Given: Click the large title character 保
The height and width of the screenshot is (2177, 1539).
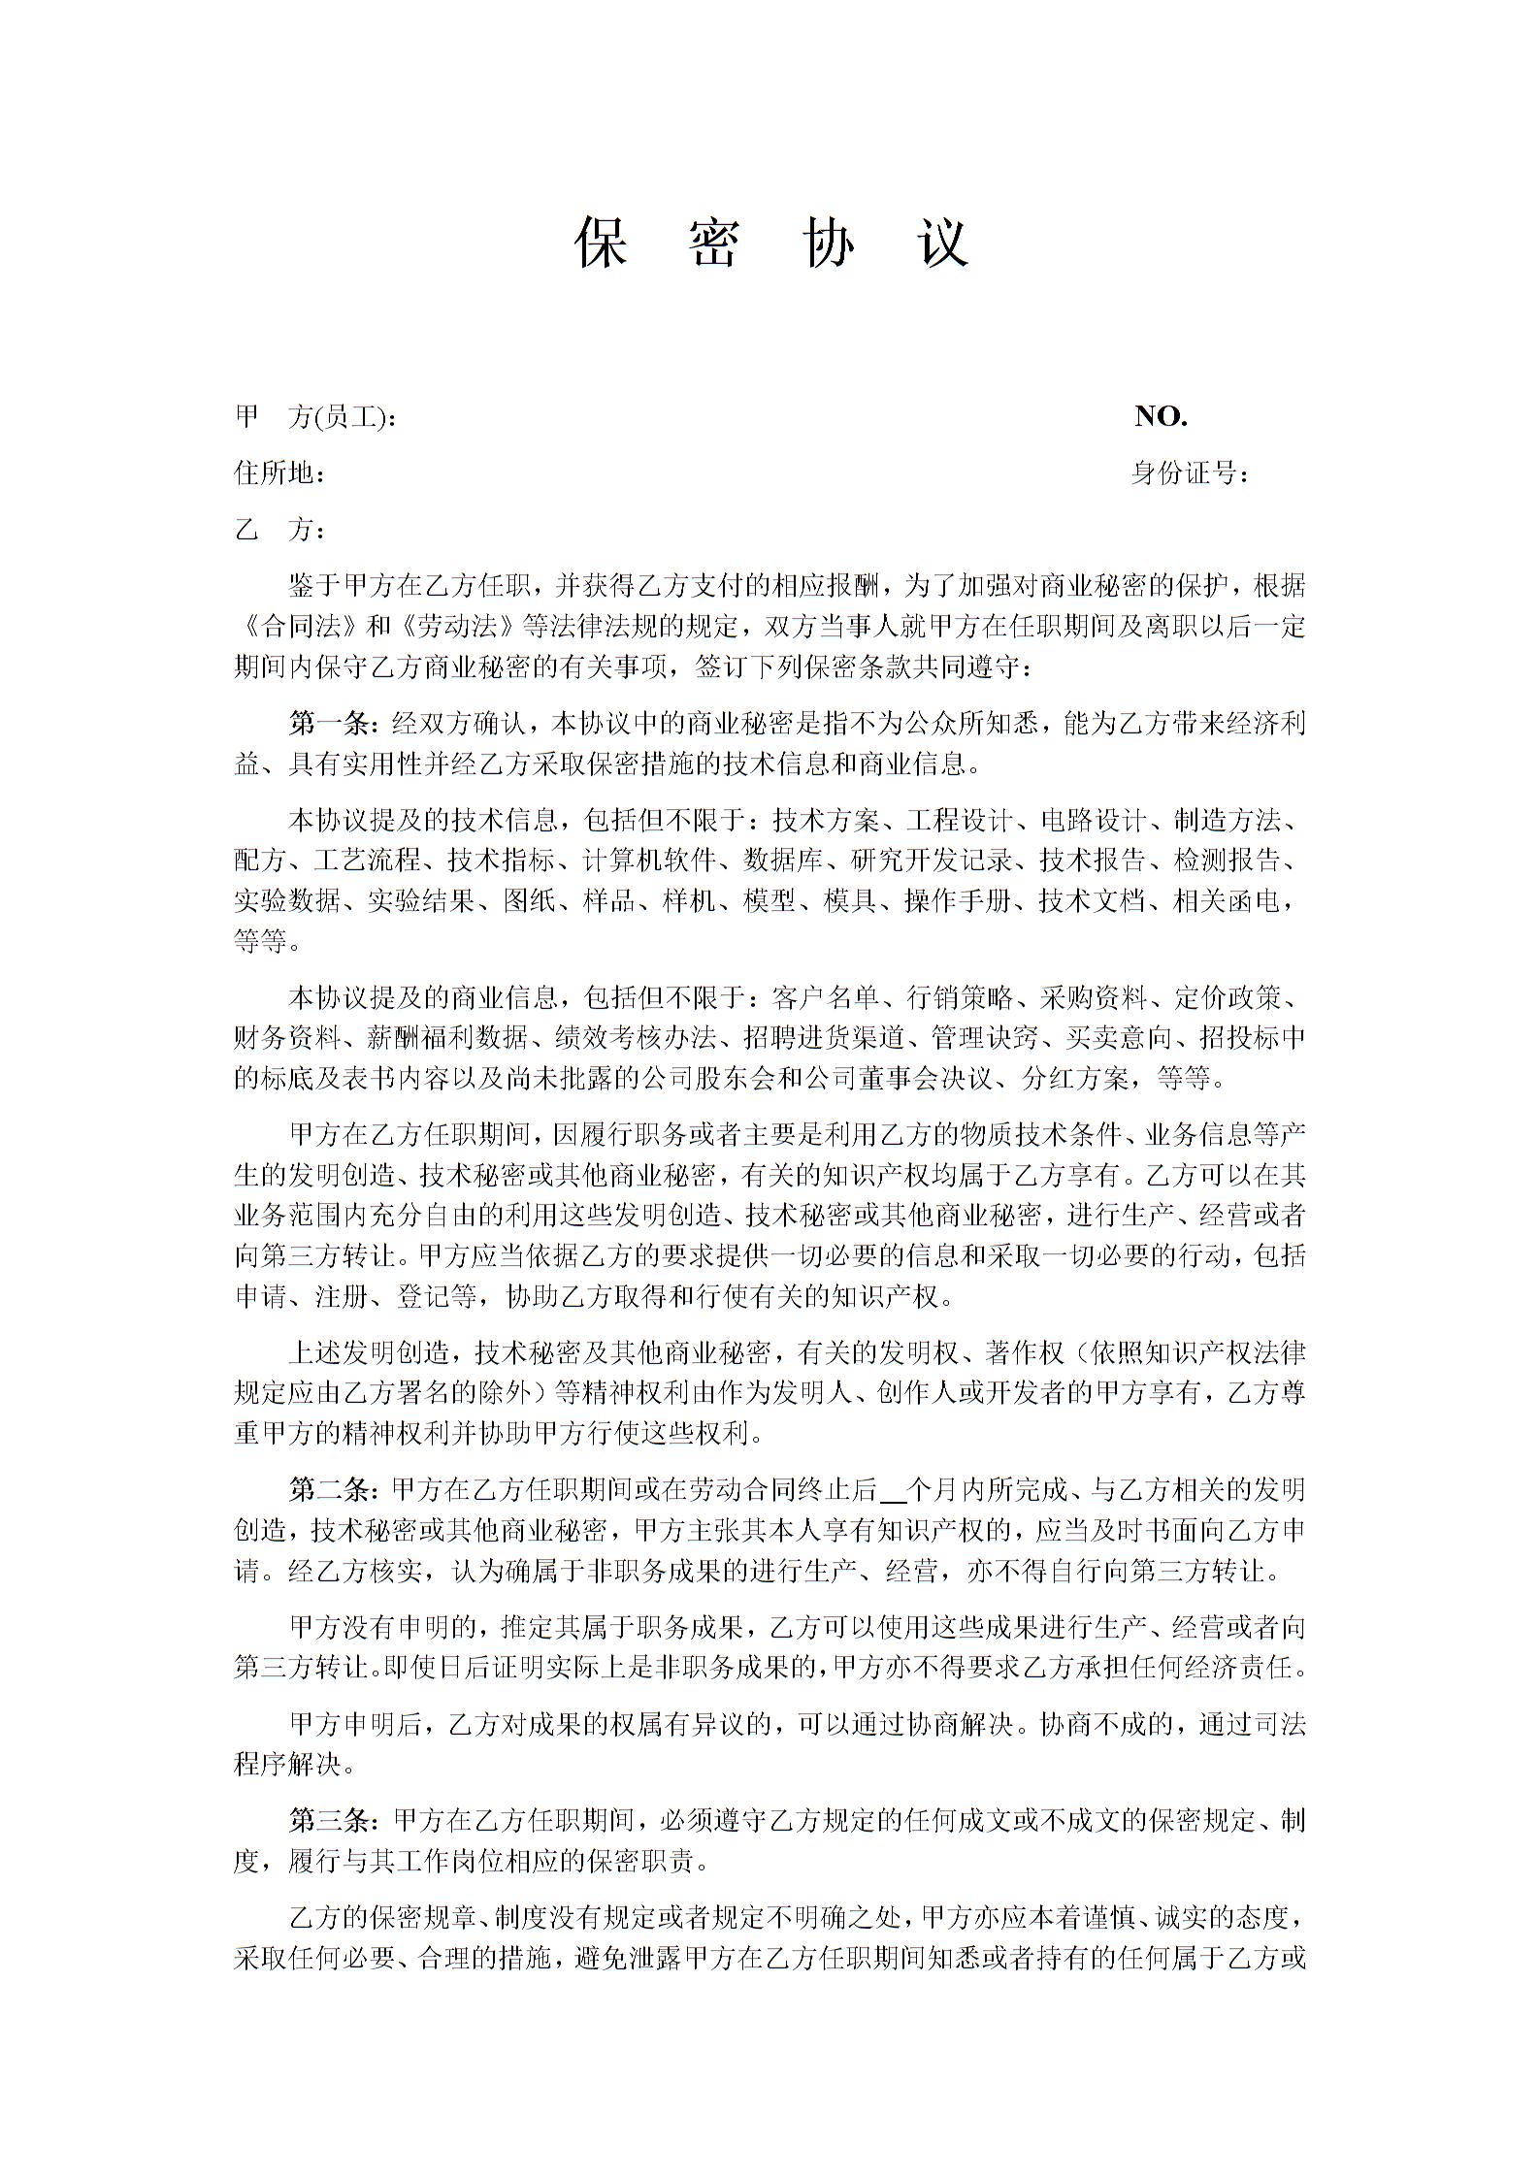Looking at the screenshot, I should tap(603, 243).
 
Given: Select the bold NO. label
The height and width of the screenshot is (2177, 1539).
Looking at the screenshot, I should tap(1162, 417).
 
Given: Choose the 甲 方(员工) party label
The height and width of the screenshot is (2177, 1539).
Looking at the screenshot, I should tap(314, 418).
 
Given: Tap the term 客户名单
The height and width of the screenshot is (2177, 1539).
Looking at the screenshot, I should tap(826, 997).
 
